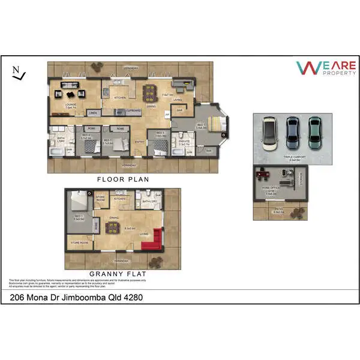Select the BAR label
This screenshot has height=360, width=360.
(179, 110)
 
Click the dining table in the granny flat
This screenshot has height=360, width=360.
(112, 226)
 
